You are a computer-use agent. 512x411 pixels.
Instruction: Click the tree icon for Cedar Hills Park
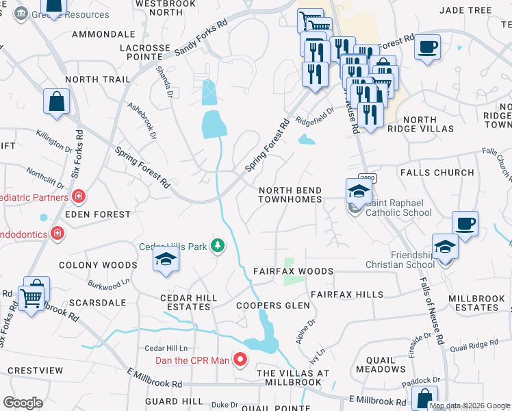[x=218, y=245]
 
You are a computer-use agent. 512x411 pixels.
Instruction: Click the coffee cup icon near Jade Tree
[x=427, y=48]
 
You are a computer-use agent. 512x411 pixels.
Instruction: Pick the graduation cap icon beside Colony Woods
[x=164, y=260]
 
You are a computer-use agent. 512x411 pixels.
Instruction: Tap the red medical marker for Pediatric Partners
[x=79, y=197]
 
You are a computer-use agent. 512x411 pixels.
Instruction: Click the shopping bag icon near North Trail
[x=56, y=102]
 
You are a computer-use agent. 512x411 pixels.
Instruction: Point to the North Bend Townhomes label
[x=290, y=195]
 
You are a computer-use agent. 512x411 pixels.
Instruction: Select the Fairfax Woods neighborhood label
[x=293, y=271]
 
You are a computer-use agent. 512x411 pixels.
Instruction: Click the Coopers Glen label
[x=269, y=306]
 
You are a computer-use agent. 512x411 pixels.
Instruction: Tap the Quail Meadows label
[x=381, y=364]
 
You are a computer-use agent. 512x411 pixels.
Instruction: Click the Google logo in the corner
[x=23, y=403]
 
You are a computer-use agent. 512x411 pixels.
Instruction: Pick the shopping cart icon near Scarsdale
[x=31, y=297]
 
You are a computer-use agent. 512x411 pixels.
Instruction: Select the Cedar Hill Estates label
[x=188, y=302]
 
